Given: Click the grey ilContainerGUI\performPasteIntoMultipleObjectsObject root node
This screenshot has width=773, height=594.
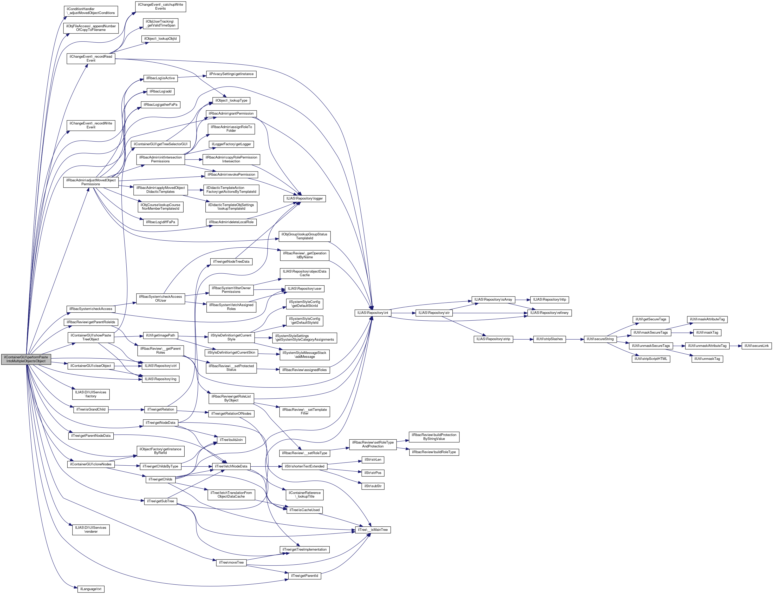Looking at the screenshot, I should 26,359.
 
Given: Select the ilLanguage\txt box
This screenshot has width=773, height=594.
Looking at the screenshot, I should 90,589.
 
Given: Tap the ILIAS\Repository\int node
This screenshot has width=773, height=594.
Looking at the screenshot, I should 373,313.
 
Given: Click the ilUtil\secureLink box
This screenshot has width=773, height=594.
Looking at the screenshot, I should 756,346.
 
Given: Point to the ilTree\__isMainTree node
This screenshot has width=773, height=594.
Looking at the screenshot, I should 373,530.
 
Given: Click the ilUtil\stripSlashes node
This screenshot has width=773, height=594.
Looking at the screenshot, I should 549,339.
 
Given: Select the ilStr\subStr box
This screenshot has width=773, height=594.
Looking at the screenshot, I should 373,486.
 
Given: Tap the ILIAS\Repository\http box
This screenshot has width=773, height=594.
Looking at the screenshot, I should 549,300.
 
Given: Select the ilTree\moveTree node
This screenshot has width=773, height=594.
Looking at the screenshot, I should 231,563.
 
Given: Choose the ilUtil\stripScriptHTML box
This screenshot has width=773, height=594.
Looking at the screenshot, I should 650,359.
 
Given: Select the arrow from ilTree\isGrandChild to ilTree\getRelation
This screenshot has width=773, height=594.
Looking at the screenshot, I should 126,410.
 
